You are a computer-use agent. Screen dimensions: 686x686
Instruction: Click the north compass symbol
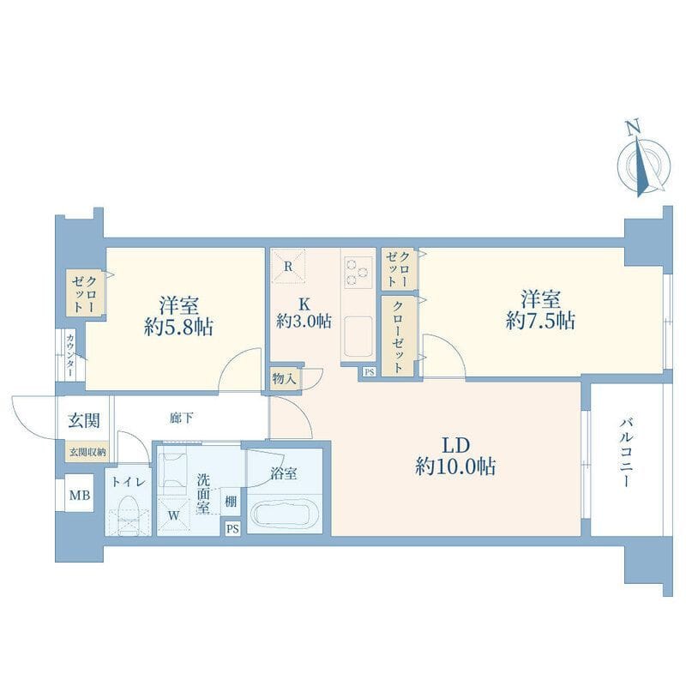pos(643,164)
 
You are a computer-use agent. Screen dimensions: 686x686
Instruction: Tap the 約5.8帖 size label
pos(179,327)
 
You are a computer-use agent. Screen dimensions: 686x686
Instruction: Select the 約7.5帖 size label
pos(540,321)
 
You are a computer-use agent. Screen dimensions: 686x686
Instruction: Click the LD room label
pos(455,445)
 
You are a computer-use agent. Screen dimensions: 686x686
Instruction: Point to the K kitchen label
pos(304,304)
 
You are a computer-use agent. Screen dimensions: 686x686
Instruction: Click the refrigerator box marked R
pos(287,267)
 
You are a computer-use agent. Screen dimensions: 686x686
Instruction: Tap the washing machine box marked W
pos(174,515)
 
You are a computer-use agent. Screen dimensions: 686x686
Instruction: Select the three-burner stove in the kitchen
pos(358,273)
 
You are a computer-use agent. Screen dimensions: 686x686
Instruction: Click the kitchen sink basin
pos(358,336)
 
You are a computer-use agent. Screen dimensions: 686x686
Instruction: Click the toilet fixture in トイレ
pos(129,515)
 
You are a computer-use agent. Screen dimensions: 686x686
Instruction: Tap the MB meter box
pos(80,495)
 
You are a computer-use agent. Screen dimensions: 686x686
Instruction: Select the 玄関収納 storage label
pos(88,453)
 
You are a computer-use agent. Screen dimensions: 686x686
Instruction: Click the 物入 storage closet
pos(284,378)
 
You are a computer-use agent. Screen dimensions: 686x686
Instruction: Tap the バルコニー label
pos(626,453)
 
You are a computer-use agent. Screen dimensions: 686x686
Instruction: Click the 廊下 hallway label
pos(181,418)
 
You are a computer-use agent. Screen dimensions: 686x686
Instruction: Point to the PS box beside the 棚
pos(232,529)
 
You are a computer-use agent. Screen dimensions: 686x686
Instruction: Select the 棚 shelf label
pos(231,502)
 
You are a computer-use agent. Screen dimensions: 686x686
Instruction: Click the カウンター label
pos(70,355)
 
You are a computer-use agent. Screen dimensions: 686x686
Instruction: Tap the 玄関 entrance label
pos(83,420)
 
